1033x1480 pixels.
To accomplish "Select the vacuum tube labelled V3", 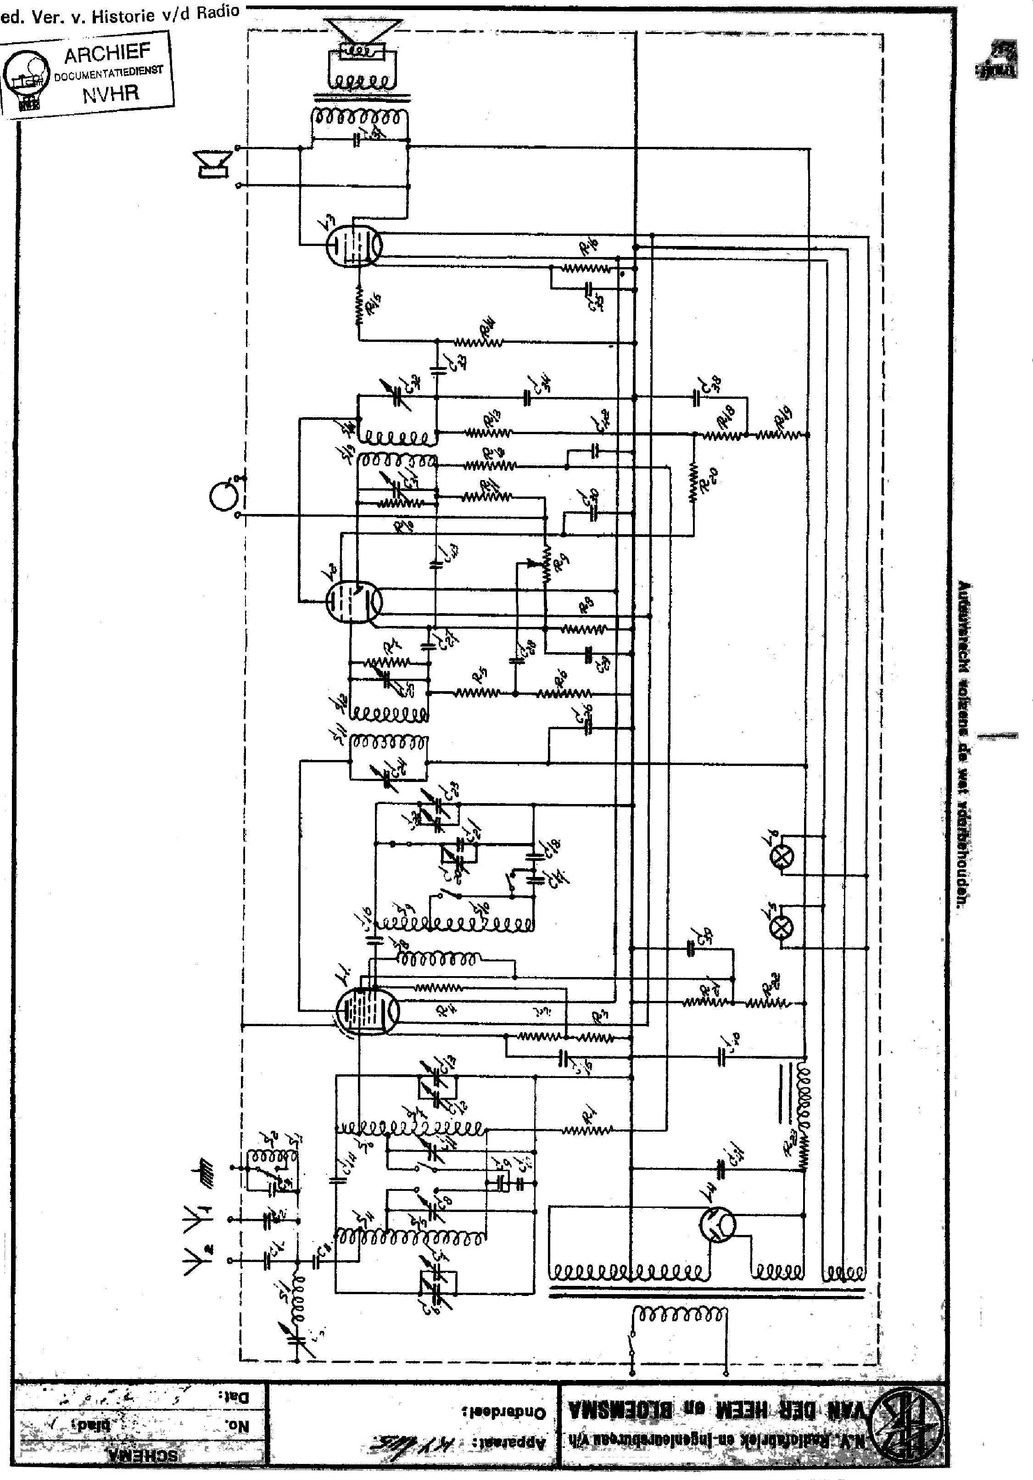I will (353, 245).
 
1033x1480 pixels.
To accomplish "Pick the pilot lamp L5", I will (781, 928).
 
